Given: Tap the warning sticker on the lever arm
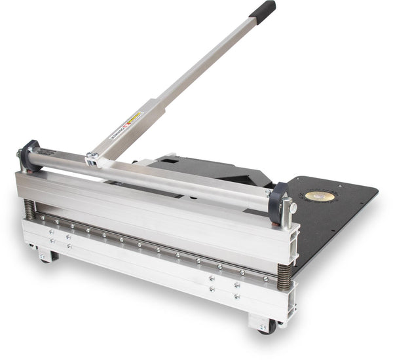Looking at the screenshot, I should point(134,119).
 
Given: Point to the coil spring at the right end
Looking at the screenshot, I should point(284,274).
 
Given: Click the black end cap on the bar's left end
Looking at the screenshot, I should point(27,156).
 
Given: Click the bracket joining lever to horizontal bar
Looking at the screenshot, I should point(93,158).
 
